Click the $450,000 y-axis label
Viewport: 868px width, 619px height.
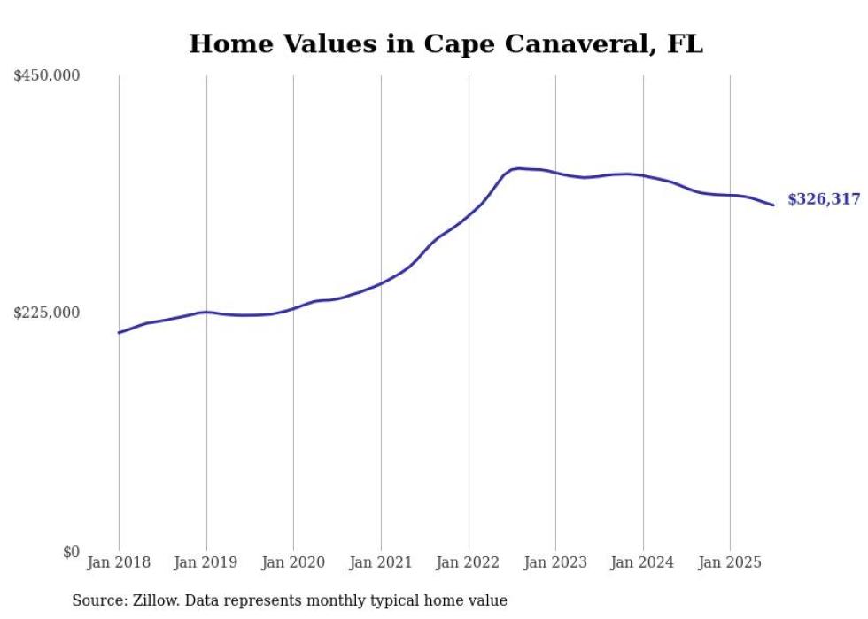pyautogui.click(x=47, y=76)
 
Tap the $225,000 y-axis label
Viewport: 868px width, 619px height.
pyautogui.click(x=47, y=313)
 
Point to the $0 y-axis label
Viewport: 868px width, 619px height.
pyautogui.click(x=71, y=552)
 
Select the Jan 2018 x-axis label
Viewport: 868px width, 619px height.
pyautogui.click(x=119, y=562)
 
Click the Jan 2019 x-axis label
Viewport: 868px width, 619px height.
pyautogui.click(x=206, y=562)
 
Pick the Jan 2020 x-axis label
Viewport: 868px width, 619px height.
pyautogui.click(x=293, y=562)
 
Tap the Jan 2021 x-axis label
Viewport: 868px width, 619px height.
pyautogui.click(x=381, y=562)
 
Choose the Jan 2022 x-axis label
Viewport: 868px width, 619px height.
pyautogui.click(x=469, y=562)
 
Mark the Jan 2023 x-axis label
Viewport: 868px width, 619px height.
pyautogui.click(x=555, y=562)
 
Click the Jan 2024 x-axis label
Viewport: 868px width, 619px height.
pyautogui.click(x=643, y=562)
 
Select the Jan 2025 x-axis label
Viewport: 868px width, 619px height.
pyautogui.click(x=730, y=562)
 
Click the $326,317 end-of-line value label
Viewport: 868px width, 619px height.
pyautogui.click(x=824, y=200)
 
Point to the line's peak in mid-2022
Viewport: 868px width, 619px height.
pyautogui.click(x=518, y=168)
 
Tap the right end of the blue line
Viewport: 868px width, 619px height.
pyautogui.click(x=773, y=205)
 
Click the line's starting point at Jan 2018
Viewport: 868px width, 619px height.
pyautogui.click(x=119, y=332)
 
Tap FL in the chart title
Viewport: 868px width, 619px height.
pyautogui.click(x=685, y=44)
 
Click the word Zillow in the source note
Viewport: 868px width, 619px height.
pyautogui.click(x=151, y=600)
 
